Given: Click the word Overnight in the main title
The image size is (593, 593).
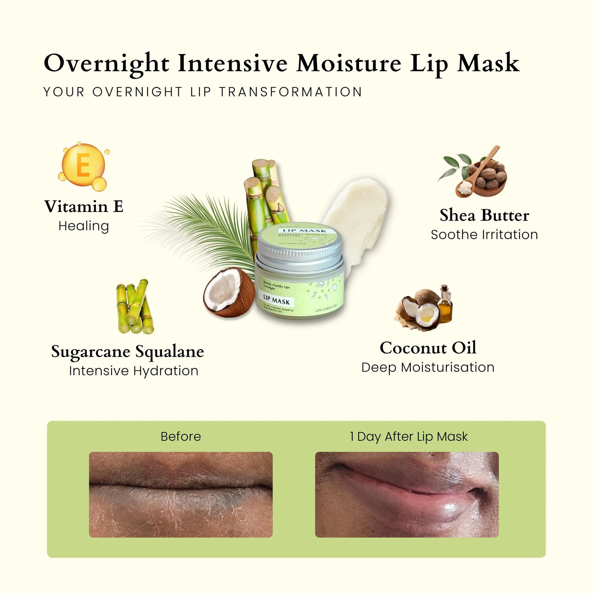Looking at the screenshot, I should [x=106, y=63].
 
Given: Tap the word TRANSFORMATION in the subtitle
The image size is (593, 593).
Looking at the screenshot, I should [x=291, y=92].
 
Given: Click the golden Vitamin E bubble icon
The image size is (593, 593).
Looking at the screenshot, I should [x=83, y=166].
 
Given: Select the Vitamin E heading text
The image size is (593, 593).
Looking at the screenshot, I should [x=84, y=206].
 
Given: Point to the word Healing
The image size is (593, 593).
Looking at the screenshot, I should [x=83, y=226].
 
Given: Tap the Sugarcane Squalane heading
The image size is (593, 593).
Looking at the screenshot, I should [x=127, y=351].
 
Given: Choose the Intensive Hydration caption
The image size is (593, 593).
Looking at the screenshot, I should [x=134, y=371].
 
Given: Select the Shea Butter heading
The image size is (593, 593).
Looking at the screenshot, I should [x=484, y=215].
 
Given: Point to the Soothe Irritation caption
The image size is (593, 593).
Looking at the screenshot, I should [x=484, y=235].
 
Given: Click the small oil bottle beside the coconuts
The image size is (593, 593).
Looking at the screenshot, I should [x=445, y=304].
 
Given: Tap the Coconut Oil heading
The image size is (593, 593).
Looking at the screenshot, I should [x=428, y=348].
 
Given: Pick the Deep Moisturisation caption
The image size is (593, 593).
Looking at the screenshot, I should [x=428, y=367].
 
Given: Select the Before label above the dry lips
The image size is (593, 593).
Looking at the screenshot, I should [x=181, y=436].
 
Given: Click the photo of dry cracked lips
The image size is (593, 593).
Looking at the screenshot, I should [x=181, y=495].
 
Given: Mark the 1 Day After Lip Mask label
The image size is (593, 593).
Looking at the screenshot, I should [x=409, y=436].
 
